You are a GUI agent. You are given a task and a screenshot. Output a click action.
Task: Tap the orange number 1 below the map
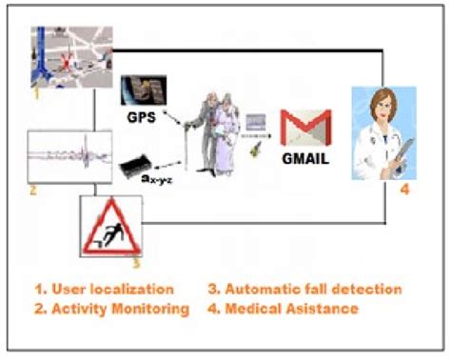(35, 95)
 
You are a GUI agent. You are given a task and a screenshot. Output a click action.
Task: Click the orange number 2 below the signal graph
(32, 190)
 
